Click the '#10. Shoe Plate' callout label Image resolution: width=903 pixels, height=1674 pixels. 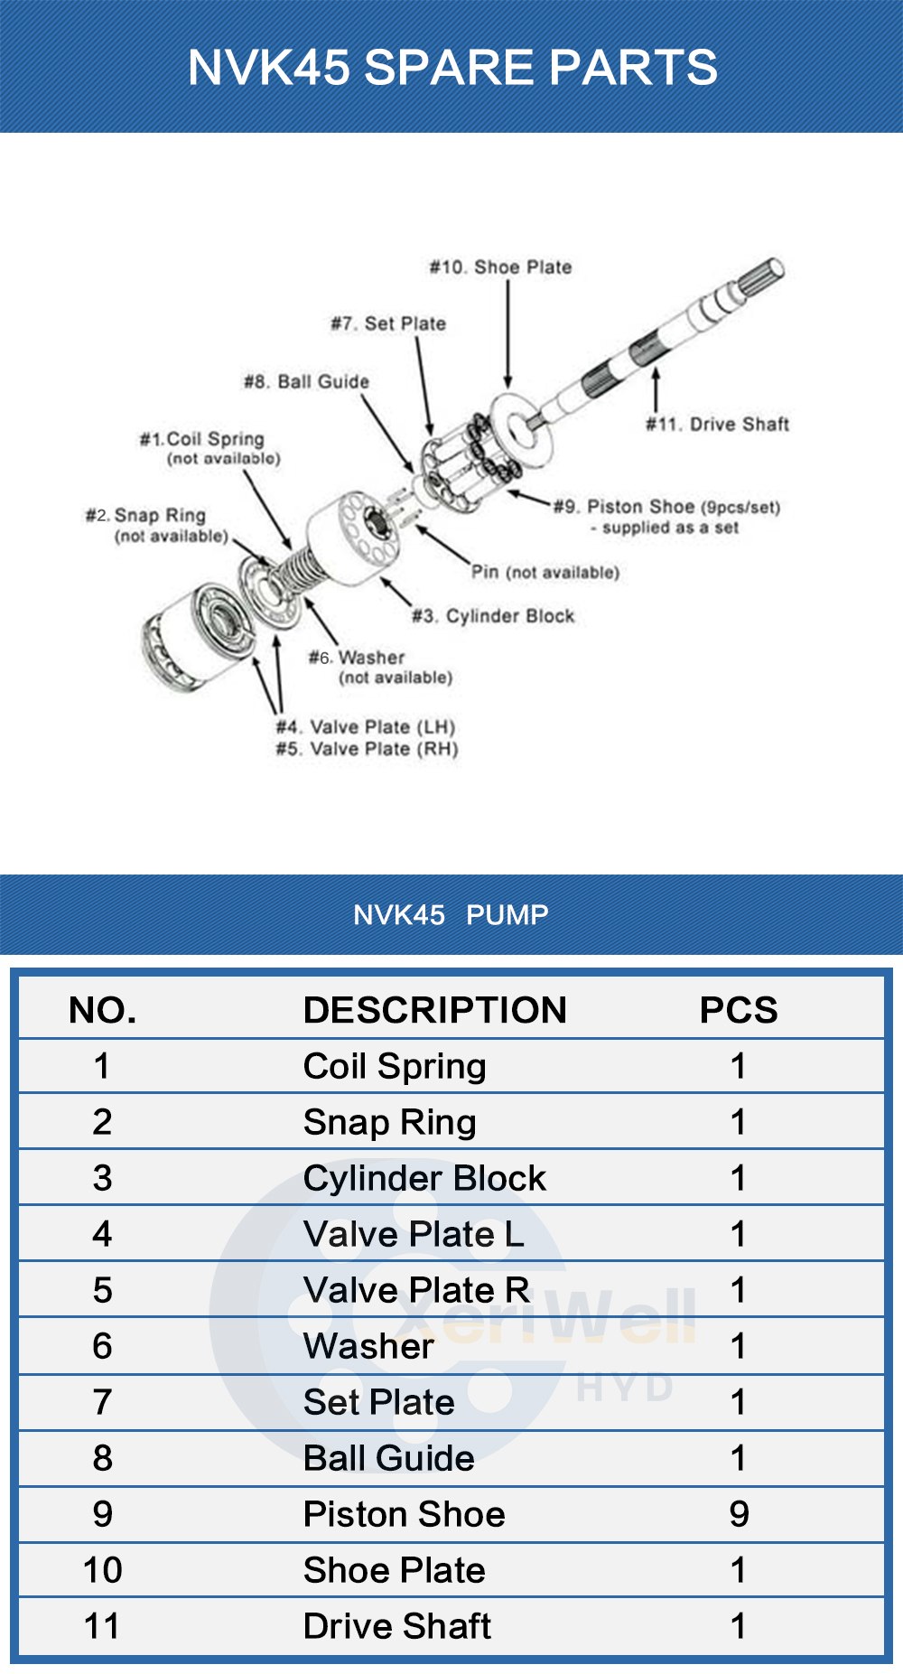click(500, 267)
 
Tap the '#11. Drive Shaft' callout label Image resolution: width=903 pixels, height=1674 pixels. click(717, 425)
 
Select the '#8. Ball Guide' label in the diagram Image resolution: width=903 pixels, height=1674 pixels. click(306, 382)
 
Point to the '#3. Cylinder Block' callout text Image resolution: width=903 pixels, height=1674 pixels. click(493, 616)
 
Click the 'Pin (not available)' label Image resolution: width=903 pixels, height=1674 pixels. click(545, 572)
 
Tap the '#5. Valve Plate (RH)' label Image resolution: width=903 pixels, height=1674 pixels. click(367, 749)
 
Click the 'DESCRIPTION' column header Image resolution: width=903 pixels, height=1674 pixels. click(434, 1010)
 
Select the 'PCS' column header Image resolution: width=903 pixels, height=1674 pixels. click(738, 1010)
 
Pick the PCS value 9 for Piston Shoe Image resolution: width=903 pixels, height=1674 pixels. click(739, 1514)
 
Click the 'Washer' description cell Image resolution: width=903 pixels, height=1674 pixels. click(368, 1346)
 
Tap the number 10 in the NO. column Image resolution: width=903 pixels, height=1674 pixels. click(102, 1570)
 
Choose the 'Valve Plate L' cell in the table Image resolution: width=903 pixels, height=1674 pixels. click(414, 1234)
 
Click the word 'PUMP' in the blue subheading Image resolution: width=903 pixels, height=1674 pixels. click(507, 915)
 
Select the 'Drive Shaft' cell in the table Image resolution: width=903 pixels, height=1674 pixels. click(397, 1626)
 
